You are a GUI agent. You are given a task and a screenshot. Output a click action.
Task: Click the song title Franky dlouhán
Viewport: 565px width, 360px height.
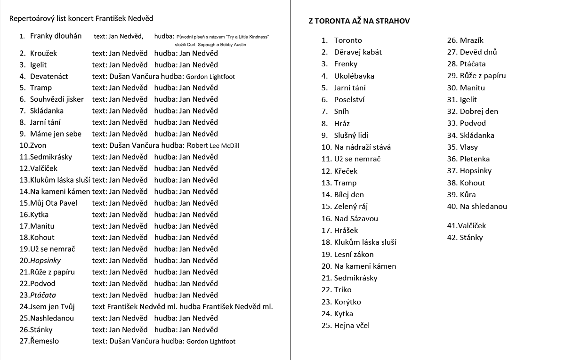[x=56, y=36]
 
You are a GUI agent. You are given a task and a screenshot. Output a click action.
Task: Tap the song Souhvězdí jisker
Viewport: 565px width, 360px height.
[x=57, y=99]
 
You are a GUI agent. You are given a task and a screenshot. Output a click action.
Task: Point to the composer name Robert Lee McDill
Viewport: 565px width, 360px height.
[x=213, y=145]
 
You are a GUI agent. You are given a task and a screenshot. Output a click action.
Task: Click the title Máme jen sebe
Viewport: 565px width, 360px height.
[x=56, y=134]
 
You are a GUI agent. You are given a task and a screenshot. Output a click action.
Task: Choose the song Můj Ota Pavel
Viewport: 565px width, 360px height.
[x=54, y=203]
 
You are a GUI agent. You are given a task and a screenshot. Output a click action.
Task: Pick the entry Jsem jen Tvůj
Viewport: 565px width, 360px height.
[x=52, y=306]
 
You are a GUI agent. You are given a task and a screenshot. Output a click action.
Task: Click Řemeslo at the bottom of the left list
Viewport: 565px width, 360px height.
[x=45, y=341]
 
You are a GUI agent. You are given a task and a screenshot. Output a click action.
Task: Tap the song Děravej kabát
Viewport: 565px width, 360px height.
[x=358, y=52]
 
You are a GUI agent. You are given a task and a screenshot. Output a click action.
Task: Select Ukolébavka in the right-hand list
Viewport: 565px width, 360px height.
[x=354, y=76]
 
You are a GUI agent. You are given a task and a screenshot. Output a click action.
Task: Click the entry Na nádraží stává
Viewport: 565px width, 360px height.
[x=362, y=147]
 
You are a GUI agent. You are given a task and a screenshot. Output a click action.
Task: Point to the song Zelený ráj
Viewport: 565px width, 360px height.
[x=351, y=206]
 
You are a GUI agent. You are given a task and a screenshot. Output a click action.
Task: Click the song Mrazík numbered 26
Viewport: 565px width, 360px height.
[x=471, y=40]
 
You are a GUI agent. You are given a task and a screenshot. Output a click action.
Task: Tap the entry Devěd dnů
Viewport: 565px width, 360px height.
[x=478, y=52]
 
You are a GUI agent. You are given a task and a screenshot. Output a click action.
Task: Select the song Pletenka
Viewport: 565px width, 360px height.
[x=475, y=159]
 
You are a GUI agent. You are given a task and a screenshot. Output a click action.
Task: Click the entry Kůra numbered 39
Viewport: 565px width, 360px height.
[x=468, y=194]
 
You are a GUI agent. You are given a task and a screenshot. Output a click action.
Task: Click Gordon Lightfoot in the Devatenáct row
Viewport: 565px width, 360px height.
[x=210, y=77]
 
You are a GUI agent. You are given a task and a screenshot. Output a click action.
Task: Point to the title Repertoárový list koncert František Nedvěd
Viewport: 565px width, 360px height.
[x=81, y=18]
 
